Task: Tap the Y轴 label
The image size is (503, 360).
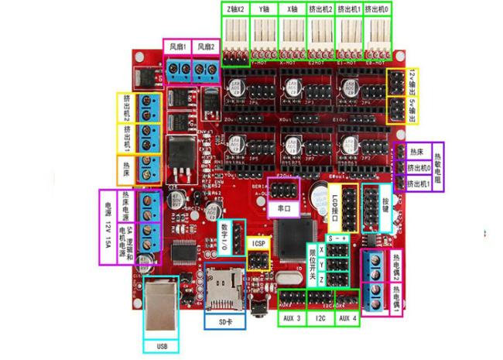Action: click(265, 9)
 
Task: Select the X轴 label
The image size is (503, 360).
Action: click(292, 9)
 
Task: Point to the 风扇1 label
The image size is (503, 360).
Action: click(177, 47)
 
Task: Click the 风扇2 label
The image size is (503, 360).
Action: click(205, 47)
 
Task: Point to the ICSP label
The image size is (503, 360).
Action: click(258, 243)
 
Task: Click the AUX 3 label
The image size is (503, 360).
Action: click(293, 317)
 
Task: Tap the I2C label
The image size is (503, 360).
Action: click(320, 317)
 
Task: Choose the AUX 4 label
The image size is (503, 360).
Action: click(347, 317)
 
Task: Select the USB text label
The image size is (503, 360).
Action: click(161, 345)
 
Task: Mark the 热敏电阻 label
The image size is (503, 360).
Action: click(437, 167)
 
